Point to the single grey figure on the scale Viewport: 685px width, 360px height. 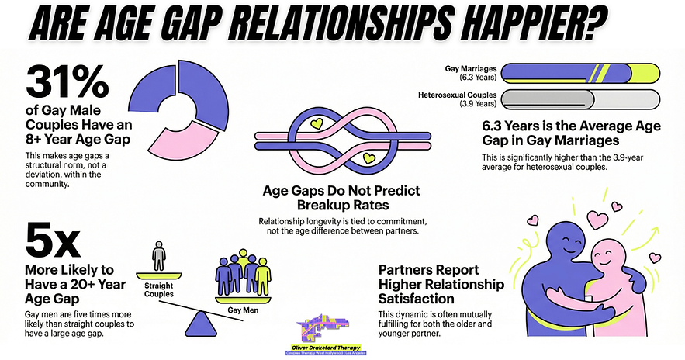click(158, 255)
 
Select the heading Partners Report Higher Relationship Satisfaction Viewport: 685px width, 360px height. click(441, 285)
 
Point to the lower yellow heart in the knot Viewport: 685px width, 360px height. click(369, 159)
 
